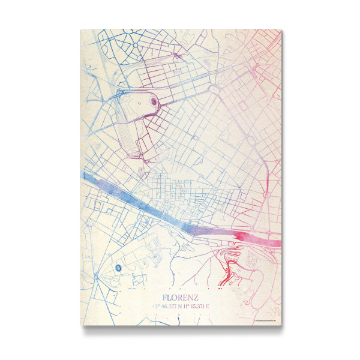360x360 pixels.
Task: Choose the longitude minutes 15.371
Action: click(199, 307)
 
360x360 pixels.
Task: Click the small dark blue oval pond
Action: click(118, 266)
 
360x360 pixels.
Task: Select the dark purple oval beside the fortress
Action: click(153, 101)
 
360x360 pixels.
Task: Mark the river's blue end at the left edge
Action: click(84, 176)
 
